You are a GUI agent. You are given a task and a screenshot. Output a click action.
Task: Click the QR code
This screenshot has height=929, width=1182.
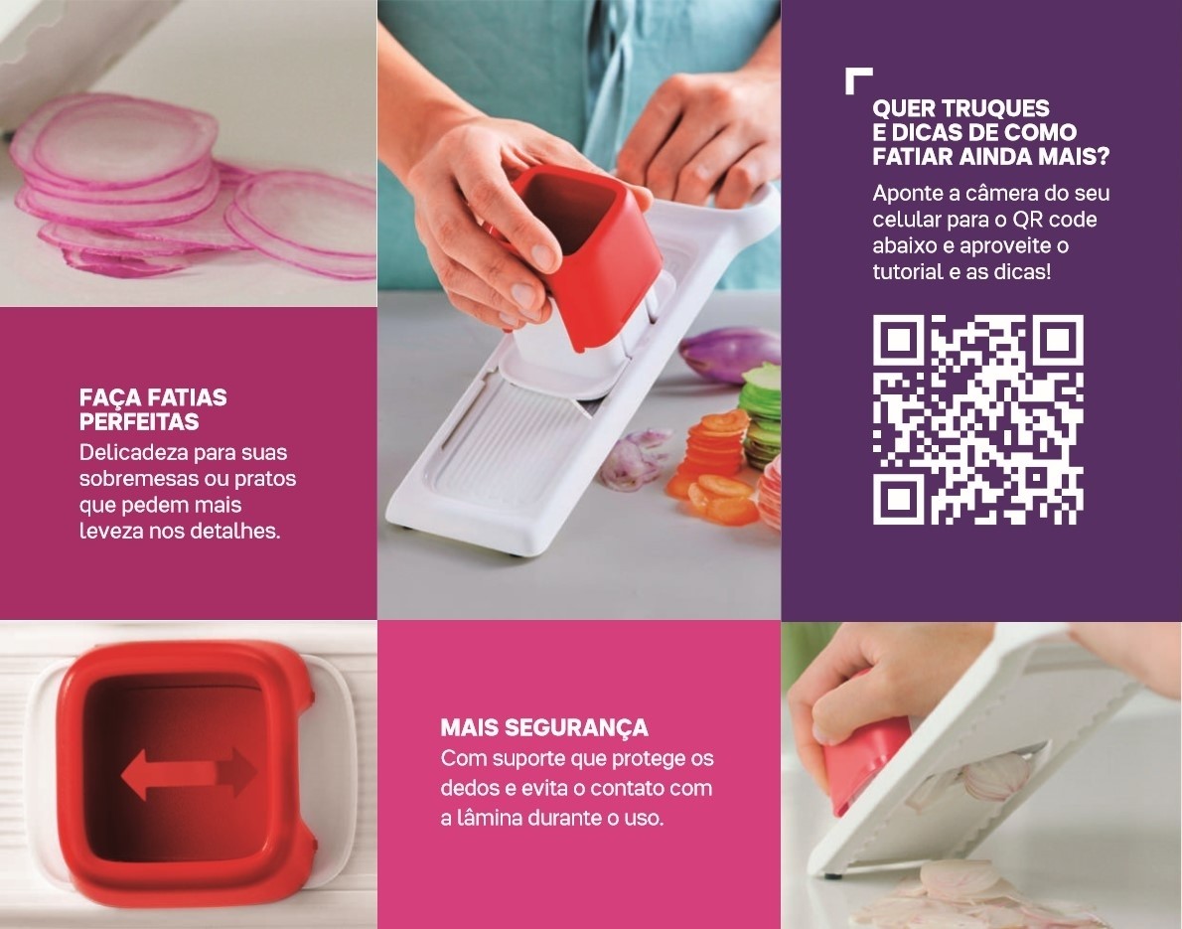pyautogui.click(x=977, y=419)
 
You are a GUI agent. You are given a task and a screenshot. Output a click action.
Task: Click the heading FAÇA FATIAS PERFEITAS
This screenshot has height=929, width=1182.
pyautogui.click(x=153, y=409)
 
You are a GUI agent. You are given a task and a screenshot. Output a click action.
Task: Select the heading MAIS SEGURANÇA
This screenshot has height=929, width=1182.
pyautogui.click(x=544, y=727)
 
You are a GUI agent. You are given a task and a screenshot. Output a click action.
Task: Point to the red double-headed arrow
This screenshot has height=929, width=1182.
pyautogui.click(x=189, y=773)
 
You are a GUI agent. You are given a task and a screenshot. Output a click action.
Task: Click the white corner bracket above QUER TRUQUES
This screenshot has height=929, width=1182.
pyautogui.click(x=858, y=79)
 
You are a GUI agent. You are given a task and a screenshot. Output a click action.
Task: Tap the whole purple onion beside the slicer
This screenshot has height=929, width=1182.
pyautogui.click(x=730, y=354)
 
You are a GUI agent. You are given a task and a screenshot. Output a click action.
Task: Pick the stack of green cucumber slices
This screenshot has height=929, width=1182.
pyautogui.click(x=763, y=414)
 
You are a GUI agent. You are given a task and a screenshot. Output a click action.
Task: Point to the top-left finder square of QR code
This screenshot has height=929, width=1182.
pyautogui.click(x=899, y=341)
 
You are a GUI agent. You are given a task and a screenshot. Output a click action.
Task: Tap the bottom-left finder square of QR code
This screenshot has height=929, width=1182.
pyautogui.click(x=899, y=499)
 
